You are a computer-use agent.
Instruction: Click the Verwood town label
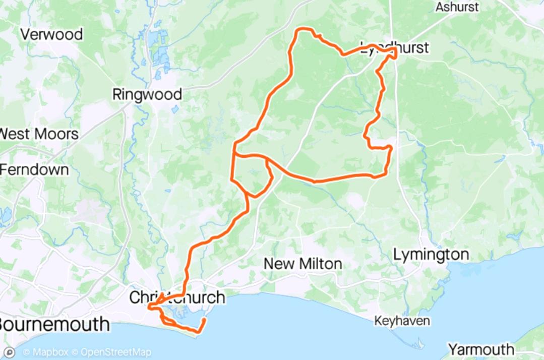click(51, 34)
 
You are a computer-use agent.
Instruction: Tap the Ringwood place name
click(147, 94)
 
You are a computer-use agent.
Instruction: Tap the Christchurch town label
click(177, 297)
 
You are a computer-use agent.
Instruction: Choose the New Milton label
click(303, 263)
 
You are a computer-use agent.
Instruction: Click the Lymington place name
click(431, 255)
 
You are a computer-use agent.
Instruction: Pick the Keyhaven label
click(402, 321)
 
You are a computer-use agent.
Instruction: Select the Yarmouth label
click(481, 349)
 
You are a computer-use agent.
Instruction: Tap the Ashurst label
click(457, 8)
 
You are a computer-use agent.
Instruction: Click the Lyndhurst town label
click(395, 47)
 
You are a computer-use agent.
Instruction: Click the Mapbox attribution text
click(45, 352)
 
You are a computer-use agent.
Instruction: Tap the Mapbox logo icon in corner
click(9, 352)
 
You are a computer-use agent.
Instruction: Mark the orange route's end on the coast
click(204, 319)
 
